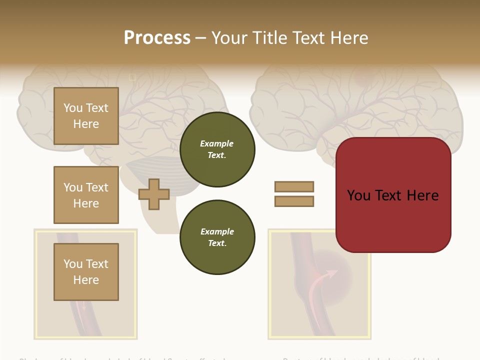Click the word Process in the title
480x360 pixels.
point(157,37)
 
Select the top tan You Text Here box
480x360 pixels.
point(86,116)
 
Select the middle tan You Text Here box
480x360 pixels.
point(86,195)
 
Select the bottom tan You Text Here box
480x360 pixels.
point(86,272)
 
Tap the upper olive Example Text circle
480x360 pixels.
point(217,149)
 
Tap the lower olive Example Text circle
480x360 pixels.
point(217,237)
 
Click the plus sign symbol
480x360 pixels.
point(154,194)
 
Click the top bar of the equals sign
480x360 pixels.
point(294,186)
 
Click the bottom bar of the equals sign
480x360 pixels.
point(294,201)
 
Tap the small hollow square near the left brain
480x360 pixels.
point(132,77)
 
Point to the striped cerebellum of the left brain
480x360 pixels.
point(150,172)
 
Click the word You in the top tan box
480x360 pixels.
point(73,108)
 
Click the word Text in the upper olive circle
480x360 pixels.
point(216,155)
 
